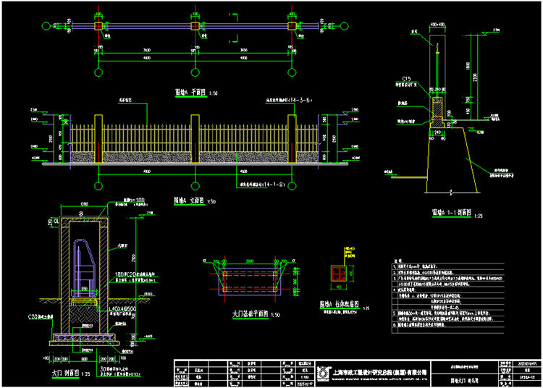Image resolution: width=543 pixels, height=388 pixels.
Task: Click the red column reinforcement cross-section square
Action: [337, 272]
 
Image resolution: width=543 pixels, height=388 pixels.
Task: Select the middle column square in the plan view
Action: [195, 26]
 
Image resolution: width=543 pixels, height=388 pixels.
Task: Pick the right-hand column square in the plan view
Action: [292, 26]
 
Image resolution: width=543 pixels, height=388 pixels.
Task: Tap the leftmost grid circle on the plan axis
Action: [47, 26]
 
